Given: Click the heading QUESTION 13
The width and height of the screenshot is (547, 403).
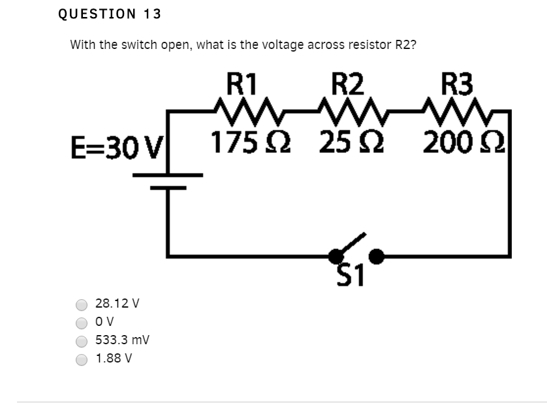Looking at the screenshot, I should [x=109, y=14].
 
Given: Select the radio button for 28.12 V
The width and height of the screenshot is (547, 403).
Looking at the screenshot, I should [x=82, y=304].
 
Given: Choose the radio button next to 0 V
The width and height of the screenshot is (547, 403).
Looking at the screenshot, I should [x=82, y=323].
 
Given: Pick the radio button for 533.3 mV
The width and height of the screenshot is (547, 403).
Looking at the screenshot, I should [x=82, y=341].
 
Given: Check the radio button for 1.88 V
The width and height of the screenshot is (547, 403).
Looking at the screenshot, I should [x=82, y=359].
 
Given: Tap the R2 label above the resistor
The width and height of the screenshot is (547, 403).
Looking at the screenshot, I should [x=347, y=84].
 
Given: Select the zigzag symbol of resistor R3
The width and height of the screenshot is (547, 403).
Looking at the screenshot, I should [x=457, y=108].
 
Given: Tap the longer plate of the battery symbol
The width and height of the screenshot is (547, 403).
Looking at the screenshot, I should [x=168, y=175].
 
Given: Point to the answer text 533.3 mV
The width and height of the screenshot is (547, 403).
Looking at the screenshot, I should [x=122, y=341].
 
